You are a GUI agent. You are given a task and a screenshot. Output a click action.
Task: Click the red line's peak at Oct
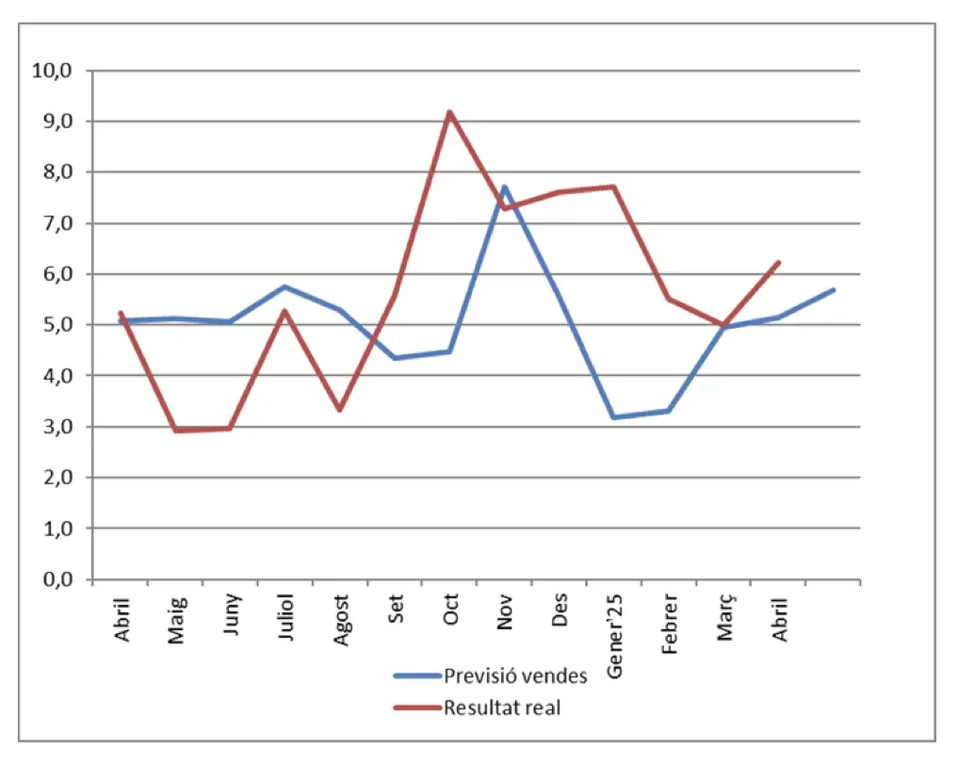(449, 112)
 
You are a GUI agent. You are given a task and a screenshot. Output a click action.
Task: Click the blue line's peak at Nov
(504, 187)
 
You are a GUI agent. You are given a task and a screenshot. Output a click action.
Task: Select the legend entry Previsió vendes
(515, 676)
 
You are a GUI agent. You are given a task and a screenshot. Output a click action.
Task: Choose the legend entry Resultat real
(501, 708)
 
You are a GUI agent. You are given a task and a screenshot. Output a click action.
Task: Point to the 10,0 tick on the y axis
(52, 71)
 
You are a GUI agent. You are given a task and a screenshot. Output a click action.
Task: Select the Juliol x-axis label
(287, 617)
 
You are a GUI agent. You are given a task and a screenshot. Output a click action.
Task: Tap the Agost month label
(342, 619)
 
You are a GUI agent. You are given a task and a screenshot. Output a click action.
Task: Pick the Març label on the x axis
(726, 617)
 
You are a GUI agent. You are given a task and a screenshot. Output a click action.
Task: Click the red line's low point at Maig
(175, 431)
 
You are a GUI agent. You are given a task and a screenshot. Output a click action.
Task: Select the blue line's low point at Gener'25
(614, 416)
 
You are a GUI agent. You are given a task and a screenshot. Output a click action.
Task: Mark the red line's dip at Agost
(339, 410)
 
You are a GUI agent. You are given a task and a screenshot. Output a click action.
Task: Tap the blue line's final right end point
(834, 289)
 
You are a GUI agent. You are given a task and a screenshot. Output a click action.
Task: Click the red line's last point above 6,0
(779, 262)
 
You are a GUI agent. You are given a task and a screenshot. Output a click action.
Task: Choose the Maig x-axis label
(177, 618)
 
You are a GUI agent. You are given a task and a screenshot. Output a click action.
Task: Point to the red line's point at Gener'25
(614, 187)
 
